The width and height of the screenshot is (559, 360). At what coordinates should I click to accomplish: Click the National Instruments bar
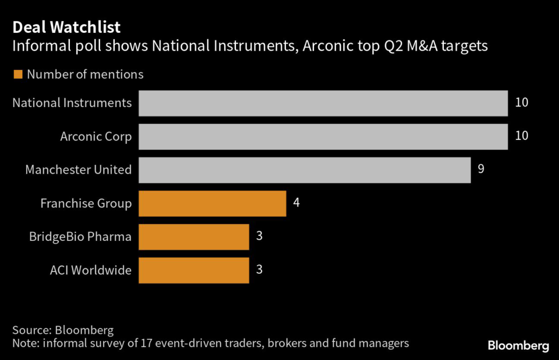(323, 103)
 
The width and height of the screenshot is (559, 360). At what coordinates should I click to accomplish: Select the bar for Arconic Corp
(323, 137)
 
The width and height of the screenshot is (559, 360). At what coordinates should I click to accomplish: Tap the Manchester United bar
(305, 170)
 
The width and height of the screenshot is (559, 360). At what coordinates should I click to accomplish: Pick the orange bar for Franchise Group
(212, 204)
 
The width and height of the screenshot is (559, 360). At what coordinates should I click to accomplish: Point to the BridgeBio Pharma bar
(194, 237)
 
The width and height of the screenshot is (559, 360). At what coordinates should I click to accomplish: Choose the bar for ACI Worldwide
(194, 270)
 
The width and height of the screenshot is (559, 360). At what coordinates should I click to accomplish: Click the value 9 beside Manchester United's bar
(481, 169)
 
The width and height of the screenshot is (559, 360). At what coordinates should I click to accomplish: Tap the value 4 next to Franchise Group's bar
(296, 203)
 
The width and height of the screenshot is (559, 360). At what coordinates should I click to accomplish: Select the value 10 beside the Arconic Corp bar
(521, 135)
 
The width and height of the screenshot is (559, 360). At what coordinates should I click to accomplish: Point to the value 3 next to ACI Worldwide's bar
(260, 269)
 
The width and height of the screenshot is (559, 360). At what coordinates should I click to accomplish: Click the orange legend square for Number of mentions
(18, 74)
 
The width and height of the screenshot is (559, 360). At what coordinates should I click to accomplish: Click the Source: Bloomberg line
(63, 331)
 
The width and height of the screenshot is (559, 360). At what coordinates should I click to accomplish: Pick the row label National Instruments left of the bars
(72, 103)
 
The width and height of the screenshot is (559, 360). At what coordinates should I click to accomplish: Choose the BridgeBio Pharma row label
(80, 237)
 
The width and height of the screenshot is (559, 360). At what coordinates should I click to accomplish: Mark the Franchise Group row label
(86, 204)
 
